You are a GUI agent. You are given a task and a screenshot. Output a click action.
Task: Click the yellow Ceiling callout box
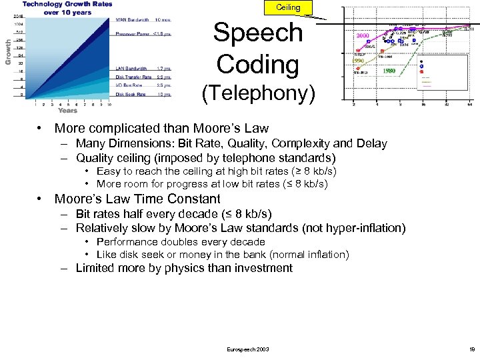tap(288, 7)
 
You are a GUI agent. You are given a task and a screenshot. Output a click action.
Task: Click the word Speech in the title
tap(258, 33)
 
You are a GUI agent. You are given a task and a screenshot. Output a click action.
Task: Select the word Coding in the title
tap(257, 65)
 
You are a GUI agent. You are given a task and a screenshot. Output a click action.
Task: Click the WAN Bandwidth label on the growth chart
tap(131, 20)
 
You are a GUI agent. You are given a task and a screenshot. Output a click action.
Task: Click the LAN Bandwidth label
tap(133, 69)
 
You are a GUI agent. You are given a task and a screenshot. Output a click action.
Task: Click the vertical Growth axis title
tap(9, 51)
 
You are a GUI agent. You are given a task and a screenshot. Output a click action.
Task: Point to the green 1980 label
tap(389, 71)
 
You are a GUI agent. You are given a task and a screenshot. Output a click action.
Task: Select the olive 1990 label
tap(358, 61)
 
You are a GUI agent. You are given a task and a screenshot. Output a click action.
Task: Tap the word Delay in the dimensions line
tap(371, 143)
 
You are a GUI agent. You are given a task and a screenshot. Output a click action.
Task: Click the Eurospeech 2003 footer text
tap(249, 349)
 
